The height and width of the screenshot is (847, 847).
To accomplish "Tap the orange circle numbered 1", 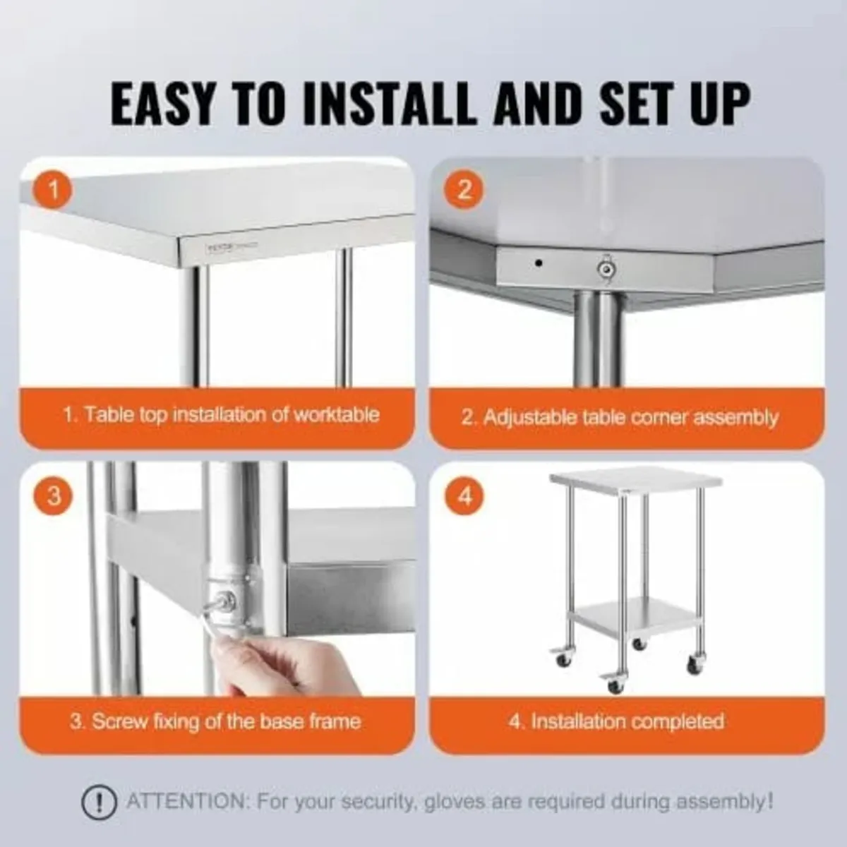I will [x=54, y=191].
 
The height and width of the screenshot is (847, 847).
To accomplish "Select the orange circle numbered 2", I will [x=464, y=191].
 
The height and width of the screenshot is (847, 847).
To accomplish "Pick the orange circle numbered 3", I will [x=54, y=496].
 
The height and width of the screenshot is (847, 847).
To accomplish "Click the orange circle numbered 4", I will [x=464, y=496].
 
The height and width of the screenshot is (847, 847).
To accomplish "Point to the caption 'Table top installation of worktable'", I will [x=221, y=414].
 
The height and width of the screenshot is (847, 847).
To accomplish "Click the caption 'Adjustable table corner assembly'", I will [x=620, y=417].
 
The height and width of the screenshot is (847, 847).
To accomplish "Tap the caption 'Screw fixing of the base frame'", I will [x=215, y=721].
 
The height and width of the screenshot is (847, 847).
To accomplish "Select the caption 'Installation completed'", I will [x=616, y=721].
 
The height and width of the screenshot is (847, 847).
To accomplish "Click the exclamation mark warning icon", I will [x=99, y=803].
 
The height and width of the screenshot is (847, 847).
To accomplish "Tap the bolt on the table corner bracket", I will [x=605, y=268].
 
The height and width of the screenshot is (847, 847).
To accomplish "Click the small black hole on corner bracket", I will [x=539, y=263].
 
